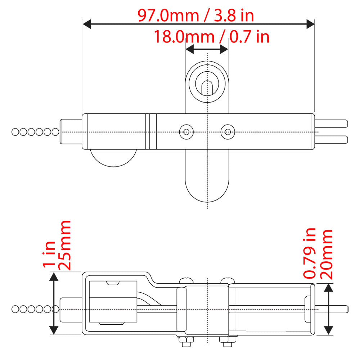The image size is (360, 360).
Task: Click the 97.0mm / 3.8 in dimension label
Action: point(195,15)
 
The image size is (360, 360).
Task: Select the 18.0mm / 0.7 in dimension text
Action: point(211,37)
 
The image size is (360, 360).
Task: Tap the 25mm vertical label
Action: point(64,245)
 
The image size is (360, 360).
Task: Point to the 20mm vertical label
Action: point(326,255)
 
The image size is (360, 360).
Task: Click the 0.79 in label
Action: point(310,253)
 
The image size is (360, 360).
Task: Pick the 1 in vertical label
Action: point(49,254)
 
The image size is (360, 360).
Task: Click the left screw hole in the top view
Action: point(186,132)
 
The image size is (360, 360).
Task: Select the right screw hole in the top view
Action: point(228,132)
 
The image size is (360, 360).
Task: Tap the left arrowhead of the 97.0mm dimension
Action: point(87,24)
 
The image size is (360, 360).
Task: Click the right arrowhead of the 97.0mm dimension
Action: point(310,24)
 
